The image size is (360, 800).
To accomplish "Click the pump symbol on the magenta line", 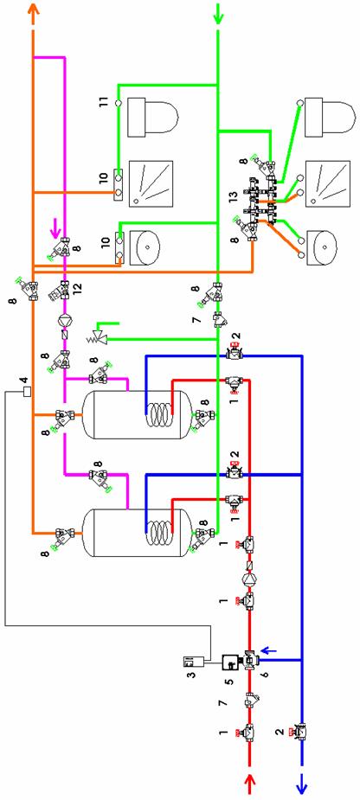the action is pos(65,320).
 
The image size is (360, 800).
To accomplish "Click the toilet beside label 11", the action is pos(152,118).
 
